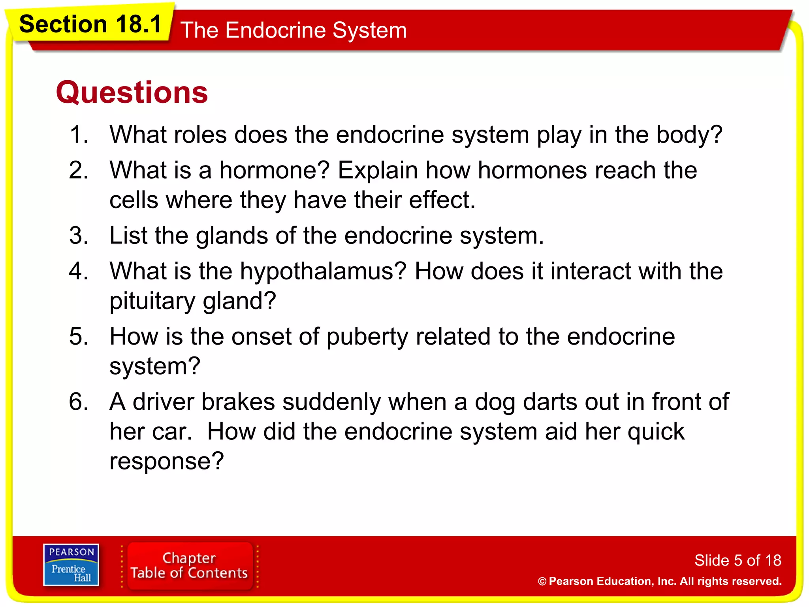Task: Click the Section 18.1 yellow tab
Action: coord(90,24)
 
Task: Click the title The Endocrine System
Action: coord(293,30)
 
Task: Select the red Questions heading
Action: coord(132,92)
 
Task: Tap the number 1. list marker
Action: coord(79,134)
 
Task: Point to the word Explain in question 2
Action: coord(378,170)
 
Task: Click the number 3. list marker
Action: coord(79,236)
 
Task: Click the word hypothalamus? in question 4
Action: coord(323,271)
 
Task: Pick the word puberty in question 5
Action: coord(367,337)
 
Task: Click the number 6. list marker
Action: coord(79,402)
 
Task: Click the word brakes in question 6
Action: coord(238,402)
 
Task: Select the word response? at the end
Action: coord(167,461)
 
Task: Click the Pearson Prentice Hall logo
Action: coord(71,565)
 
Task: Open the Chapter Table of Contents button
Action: coord(189,566)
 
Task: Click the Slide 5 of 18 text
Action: coord(738,560)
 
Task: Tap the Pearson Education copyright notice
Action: coord(660,581)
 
